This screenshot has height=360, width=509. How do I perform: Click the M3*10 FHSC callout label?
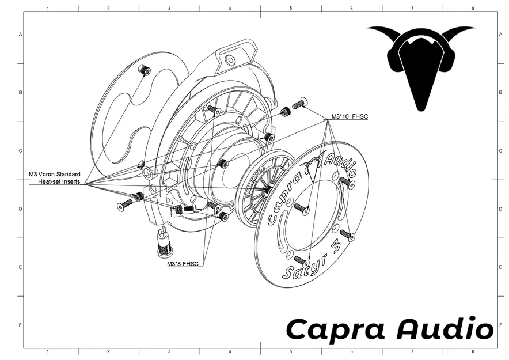coord(350,117)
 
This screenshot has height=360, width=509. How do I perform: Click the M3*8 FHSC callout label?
coord(183,264)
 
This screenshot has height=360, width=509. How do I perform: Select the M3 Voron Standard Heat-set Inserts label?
coord(55,178)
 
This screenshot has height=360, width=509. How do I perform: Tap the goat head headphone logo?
coord(421,65)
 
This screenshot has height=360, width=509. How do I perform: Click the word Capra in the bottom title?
coord(336,329)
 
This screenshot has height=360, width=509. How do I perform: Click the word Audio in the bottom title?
coord(445,329)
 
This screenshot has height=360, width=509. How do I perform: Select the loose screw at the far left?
coord(124,204)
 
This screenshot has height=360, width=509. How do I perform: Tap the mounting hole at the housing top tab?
coord(230,59)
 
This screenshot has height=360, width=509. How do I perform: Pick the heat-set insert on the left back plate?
coord(145,70)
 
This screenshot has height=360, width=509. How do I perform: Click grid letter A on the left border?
coord(21,35)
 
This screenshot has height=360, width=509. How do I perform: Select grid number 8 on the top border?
coord(473,9)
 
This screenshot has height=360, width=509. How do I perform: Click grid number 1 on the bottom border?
coord(47,351)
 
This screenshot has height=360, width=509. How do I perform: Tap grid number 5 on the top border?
coord(291,9)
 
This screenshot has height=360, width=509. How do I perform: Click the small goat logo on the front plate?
coord(314,166)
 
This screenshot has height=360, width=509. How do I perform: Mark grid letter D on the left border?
coord(21,209)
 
